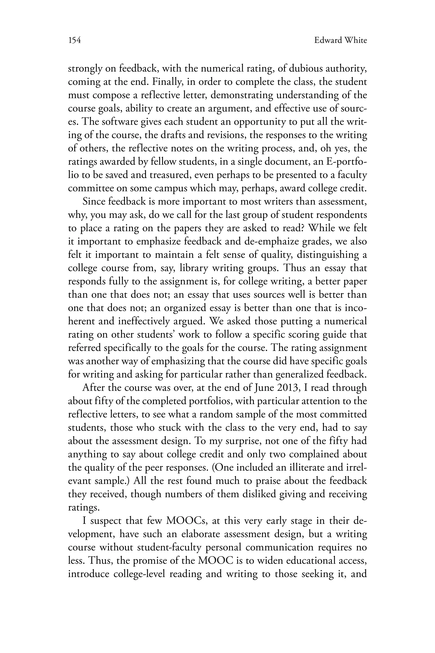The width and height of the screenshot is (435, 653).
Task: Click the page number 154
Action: (x=74, y=41)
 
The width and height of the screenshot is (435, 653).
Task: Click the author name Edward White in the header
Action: (x=340, y=41)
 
